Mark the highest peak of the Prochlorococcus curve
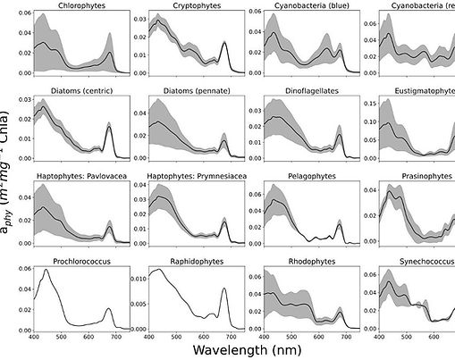[46, 270]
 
